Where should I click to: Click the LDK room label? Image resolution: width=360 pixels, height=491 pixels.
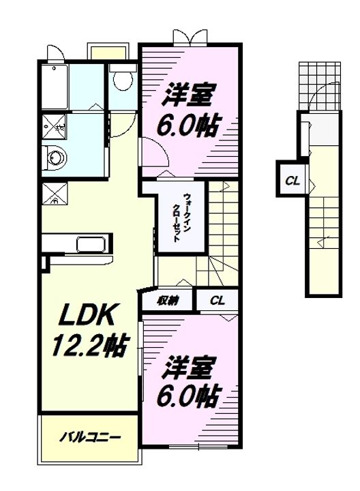click(86, 314)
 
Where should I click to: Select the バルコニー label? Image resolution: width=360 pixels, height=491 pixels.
click(90, 437)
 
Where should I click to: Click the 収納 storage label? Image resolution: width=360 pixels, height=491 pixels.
click(168, 301)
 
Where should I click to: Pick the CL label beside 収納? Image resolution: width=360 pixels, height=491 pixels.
click(217, 301)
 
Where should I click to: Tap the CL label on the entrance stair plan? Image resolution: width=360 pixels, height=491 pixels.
click(292, 181)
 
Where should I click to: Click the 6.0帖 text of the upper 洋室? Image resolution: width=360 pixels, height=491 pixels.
click(187, 125)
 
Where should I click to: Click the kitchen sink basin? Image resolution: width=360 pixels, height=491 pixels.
click(91, 244)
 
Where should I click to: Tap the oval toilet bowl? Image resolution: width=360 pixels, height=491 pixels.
click(123, 80)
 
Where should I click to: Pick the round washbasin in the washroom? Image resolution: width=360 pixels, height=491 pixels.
click(57, 158)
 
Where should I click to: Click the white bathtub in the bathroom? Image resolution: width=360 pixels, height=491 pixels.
click(55, 87)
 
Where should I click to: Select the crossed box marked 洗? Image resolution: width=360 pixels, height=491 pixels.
click(54, 127)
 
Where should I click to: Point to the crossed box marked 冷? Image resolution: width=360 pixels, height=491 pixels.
click(55, 194)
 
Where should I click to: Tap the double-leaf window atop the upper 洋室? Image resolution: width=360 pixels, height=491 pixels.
click(190, 38)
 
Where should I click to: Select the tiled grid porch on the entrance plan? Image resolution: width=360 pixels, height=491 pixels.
click(319, 86)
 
